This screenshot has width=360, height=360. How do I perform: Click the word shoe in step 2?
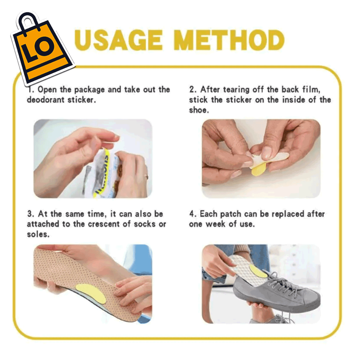pos(199,110)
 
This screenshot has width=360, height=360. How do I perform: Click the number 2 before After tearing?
pos(192,89)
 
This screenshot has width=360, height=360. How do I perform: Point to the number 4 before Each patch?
pos(192,214)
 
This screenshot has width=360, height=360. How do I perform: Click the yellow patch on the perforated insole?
pos(91,293)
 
